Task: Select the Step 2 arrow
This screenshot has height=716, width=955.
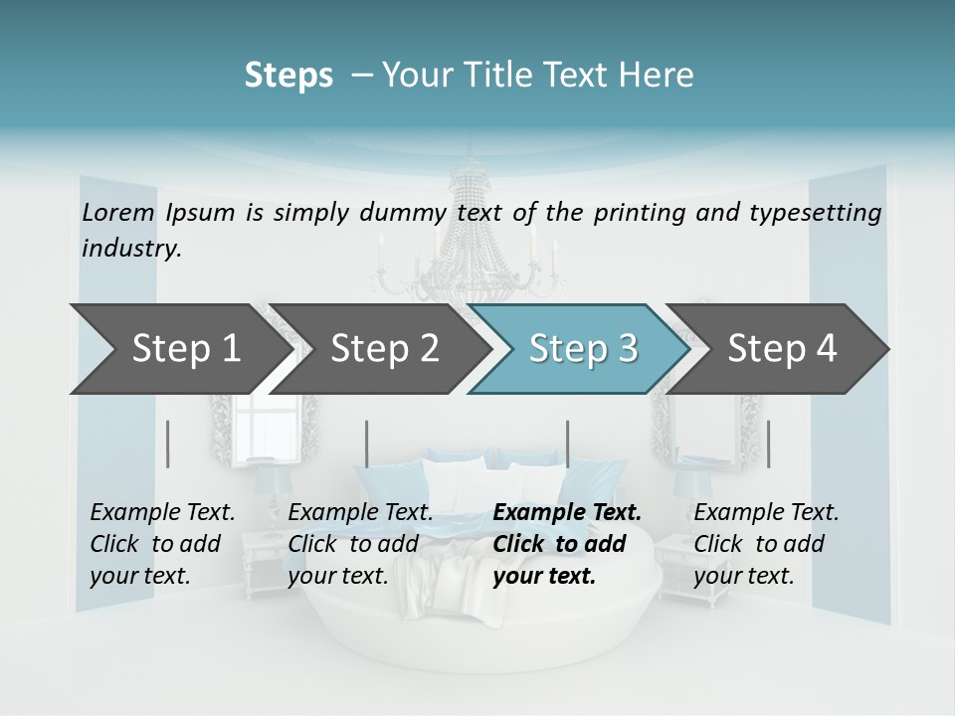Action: pos(384,349)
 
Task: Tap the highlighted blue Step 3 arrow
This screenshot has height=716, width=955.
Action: pos(583,349)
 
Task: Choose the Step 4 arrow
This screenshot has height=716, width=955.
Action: pos(782,349)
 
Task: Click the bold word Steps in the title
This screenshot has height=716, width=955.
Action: pos(288,75)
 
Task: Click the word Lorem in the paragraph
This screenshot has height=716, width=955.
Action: pos(118,213)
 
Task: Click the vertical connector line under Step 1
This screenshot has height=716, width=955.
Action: pos(168,444)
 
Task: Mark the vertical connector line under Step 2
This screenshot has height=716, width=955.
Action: pos(367,444)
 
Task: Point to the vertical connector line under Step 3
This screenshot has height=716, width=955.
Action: pos(567,444)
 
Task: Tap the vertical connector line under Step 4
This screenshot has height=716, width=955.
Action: pos(768,444)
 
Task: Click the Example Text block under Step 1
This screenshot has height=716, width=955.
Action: pos(162,544)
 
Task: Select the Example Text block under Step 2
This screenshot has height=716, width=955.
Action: pos(360,544)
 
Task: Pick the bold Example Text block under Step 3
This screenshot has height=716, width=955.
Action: pos(567,544)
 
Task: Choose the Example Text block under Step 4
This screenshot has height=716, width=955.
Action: pos(766,544)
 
